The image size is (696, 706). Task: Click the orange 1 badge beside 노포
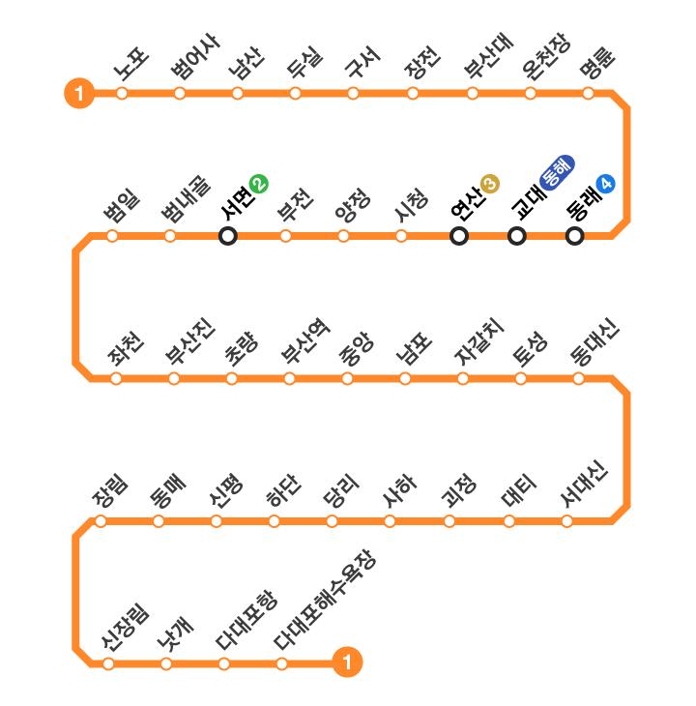[x=78, y=94]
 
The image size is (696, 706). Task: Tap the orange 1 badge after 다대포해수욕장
[x=346, y=663]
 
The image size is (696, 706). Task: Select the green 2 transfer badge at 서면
[x=258, y=183]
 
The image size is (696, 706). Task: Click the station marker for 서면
[x=228, y=235]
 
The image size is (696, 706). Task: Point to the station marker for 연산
[x=459, y=235]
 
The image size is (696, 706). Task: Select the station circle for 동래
[x=575, y=235]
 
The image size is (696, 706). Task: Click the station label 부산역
[x=304, y=342]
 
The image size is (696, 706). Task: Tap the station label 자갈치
[x=478, y=341]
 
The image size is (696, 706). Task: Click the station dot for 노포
[x=122, y=94]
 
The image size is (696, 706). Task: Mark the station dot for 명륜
[x=588, y=94]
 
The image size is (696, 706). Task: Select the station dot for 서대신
[x=567, y=521]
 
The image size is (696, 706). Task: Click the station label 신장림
[x=125, y=628]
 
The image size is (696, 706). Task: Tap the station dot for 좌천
[x=116, y=378]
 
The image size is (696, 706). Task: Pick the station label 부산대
[x=489, y=58]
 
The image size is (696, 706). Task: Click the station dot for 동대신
[x=578, y=378]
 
